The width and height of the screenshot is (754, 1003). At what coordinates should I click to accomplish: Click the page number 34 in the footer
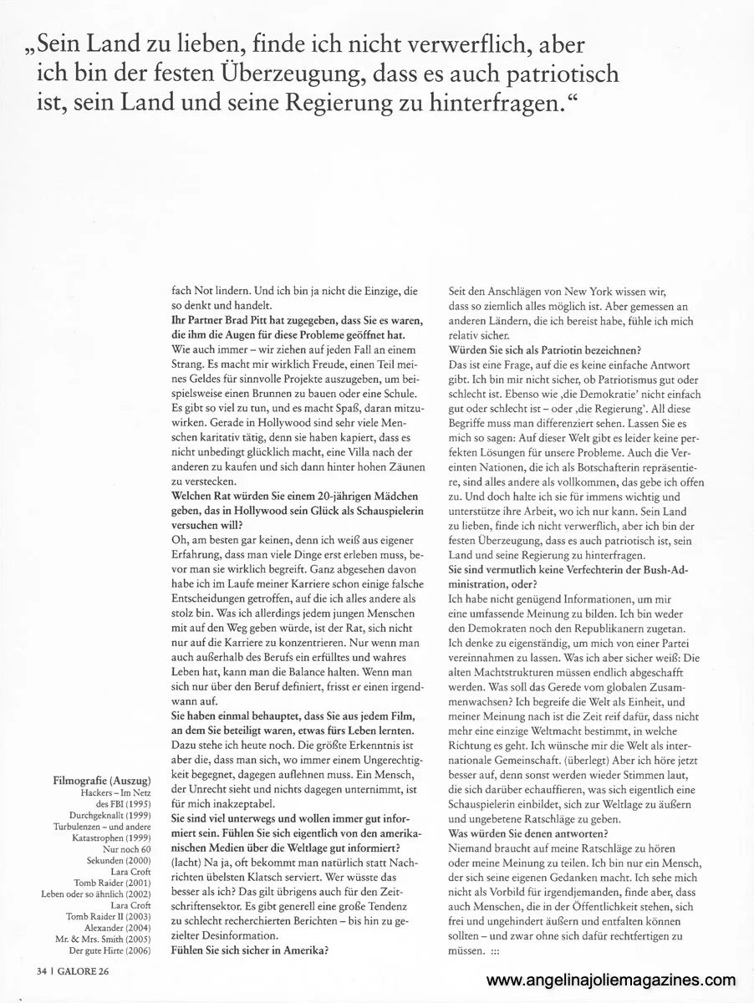click(x=41, y=971)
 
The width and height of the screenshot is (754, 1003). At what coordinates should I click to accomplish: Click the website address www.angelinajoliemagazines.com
click(x=610, y=980)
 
